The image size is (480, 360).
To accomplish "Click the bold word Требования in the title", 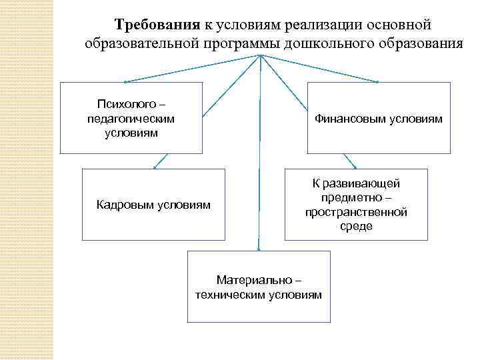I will (157, 25).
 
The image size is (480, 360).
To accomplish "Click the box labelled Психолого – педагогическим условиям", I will (131, 118).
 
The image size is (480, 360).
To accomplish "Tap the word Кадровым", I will (127, 205).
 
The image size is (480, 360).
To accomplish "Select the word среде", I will (356, 227).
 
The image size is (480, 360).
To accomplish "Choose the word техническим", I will (231, 294).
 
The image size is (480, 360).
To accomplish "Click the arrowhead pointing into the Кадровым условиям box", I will (155, 166).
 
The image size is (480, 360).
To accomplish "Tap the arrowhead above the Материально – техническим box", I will (259, 247).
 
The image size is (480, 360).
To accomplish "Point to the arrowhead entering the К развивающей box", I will (355, 167).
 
